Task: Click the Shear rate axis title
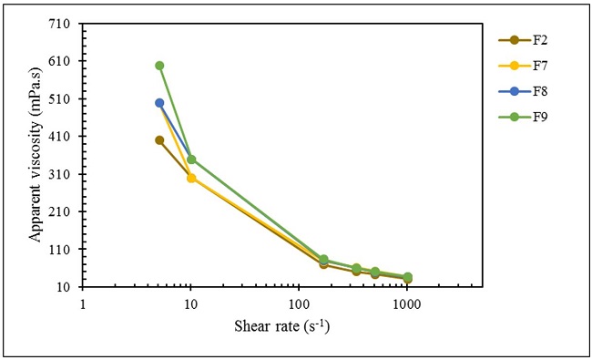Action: [x=282, y=325]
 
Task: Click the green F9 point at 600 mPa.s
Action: [x=159, y=66]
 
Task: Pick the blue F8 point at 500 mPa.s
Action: [x=159, y=103]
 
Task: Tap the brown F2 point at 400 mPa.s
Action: [x=159, y=140]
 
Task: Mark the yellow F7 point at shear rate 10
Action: [x=191, y=178]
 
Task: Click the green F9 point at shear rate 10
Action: [x=191, y=159]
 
